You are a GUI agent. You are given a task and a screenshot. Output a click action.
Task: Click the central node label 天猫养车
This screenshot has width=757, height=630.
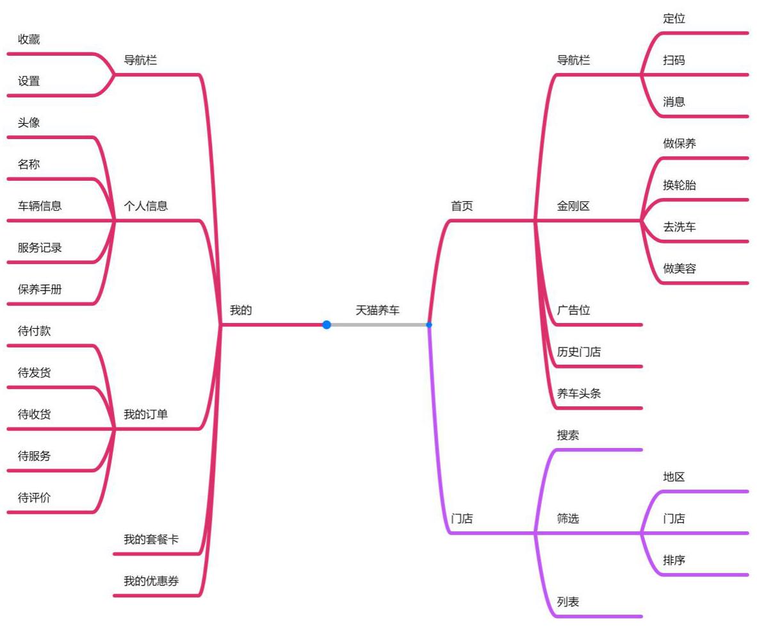click(x=377, y=311)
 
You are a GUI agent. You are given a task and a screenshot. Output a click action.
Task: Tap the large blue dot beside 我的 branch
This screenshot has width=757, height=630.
click(x=327, y=325)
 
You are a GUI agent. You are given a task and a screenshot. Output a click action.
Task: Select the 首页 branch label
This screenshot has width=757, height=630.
click(x=462, y=206)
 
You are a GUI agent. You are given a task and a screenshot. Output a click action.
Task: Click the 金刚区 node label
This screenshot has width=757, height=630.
click(x=573, y=206)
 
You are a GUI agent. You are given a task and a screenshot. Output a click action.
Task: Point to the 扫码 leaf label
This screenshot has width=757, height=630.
click(x=674, y=60)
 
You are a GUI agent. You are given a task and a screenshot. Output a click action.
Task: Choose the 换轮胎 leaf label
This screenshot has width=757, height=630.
click(x=679, y=186)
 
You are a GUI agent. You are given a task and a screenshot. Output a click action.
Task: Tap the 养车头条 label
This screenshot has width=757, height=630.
click(x=578, y=394)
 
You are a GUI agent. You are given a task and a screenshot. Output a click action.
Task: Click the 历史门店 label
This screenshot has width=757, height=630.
click(x=578, y=352)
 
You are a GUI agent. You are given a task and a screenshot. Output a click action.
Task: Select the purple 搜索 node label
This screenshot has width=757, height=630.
click(x=567, y=435)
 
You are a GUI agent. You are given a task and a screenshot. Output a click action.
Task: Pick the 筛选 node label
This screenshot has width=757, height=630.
click(x=567, y=519)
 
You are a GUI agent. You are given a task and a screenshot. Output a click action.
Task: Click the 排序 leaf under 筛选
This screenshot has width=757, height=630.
click(x=674, y=560)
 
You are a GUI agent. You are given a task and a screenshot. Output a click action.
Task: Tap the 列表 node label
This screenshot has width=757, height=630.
click(x=567, y=602)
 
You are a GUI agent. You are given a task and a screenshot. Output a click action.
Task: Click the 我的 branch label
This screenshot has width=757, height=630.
click(x=241, y=311)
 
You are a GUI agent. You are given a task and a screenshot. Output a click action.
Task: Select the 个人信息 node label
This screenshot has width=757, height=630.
click(x=145, y=206)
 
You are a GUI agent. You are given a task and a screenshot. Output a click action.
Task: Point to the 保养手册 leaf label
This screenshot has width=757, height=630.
click(x=40, y=290)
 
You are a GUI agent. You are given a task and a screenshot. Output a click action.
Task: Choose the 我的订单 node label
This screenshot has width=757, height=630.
click(x=145, y=415)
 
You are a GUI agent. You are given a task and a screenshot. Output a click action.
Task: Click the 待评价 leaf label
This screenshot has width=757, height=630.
click(x=34, y=498)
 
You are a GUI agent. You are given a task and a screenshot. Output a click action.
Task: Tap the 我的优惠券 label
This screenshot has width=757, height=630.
click(x=151, y=581)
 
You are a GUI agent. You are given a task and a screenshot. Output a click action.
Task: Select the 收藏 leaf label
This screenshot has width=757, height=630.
click(x=29, y=40)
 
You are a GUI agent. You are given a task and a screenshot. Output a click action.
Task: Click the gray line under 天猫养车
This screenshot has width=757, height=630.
click(x=378, y=325)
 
